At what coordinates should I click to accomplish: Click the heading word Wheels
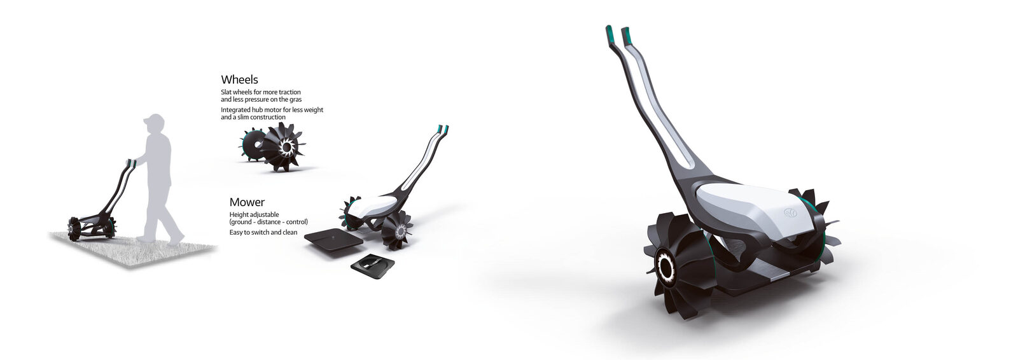(239, 80)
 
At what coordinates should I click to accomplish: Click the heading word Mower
(247, 202)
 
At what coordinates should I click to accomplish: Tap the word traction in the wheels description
(289, 92)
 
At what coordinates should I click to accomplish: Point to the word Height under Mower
(239, 214)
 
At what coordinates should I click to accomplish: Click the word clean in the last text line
(289, 232)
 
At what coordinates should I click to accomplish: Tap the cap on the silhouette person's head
(153, 120)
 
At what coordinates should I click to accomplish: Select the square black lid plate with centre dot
(333, 242)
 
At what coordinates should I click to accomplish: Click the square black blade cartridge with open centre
(373, 267)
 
